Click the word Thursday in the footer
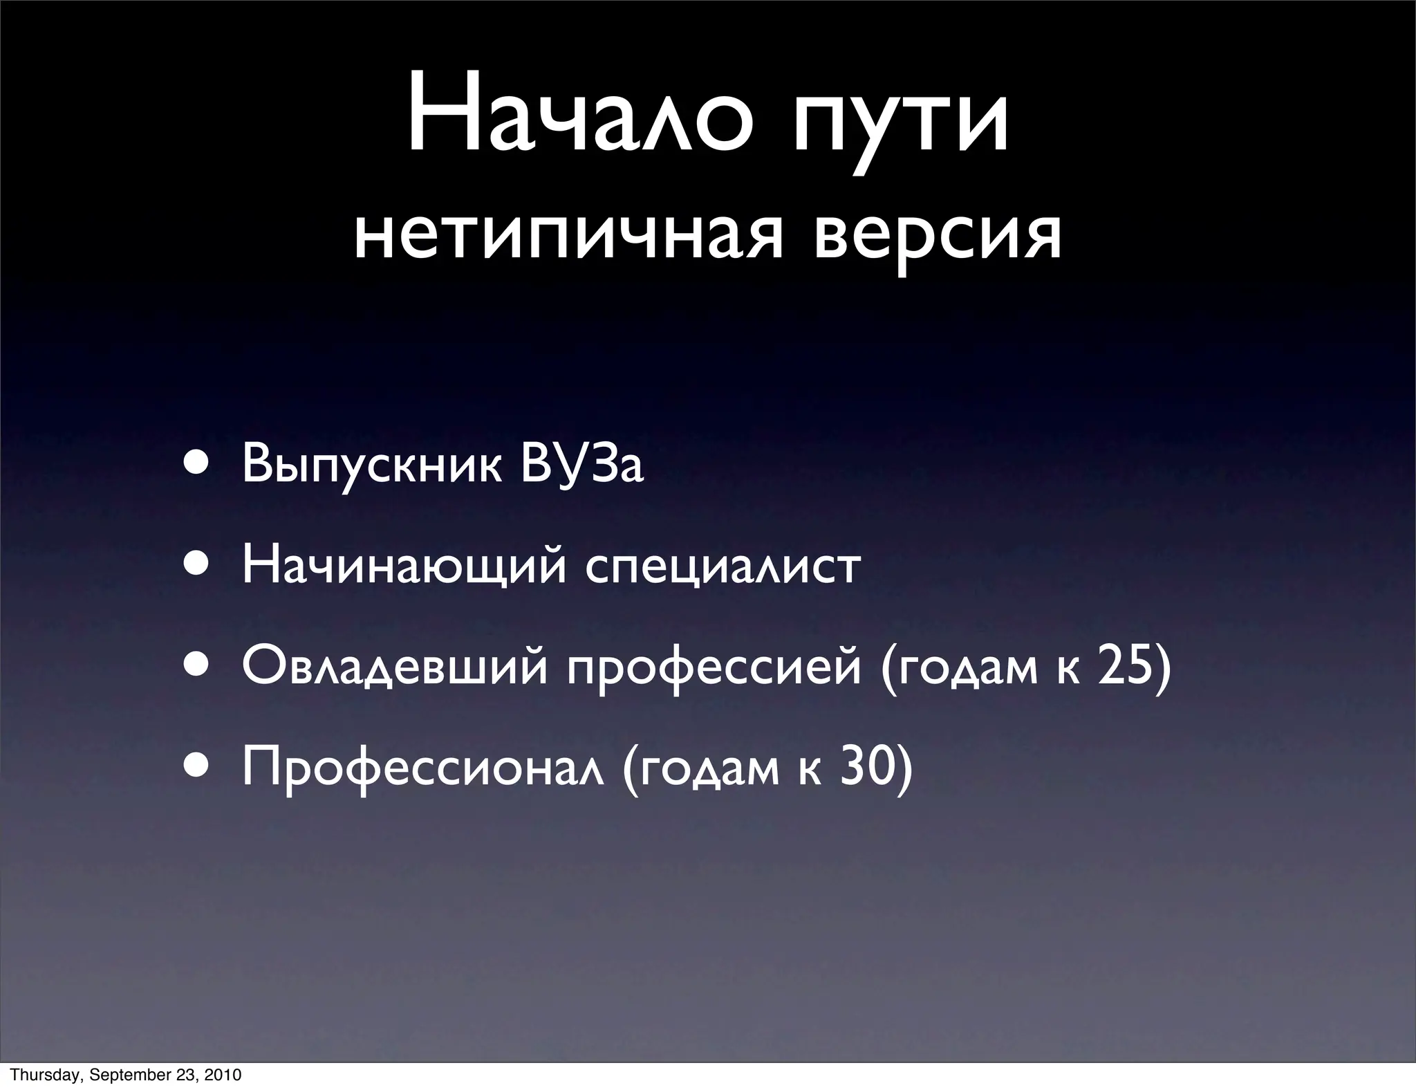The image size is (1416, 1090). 35,1075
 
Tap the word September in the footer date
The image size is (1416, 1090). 122,1075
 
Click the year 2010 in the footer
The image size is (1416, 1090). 223,1075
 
